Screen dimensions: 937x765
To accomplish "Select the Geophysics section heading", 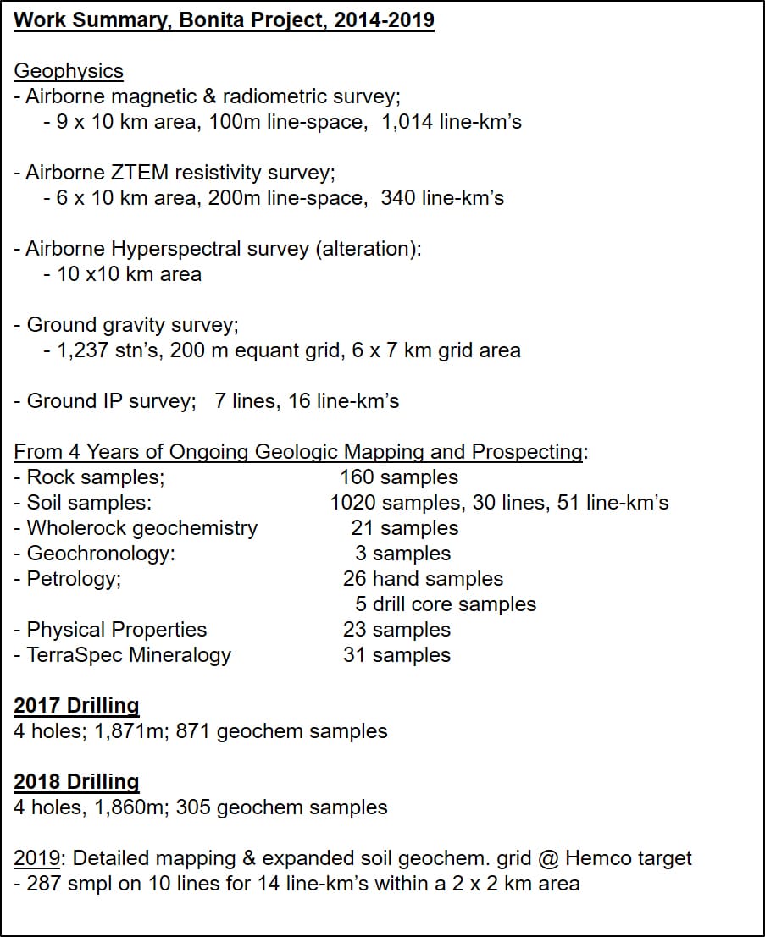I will point(69,71).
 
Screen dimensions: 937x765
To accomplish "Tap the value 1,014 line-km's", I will point(452,122).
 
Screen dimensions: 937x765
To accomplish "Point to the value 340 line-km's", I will point(442,198).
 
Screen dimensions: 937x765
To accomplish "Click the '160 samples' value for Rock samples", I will point(399,477).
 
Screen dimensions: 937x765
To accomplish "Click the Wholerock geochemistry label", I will point(141,528).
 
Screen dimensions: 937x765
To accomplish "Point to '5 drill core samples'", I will point(446,604).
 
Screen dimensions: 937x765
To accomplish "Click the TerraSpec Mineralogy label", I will point(129,655).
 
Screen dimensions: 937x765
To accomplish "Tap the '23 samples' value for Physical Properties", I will point(396,630).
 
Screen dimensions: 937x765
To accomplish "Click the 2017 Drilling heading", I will point(76,705).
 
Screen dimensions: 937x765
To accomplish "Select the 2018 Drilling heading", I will point(76,781).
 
